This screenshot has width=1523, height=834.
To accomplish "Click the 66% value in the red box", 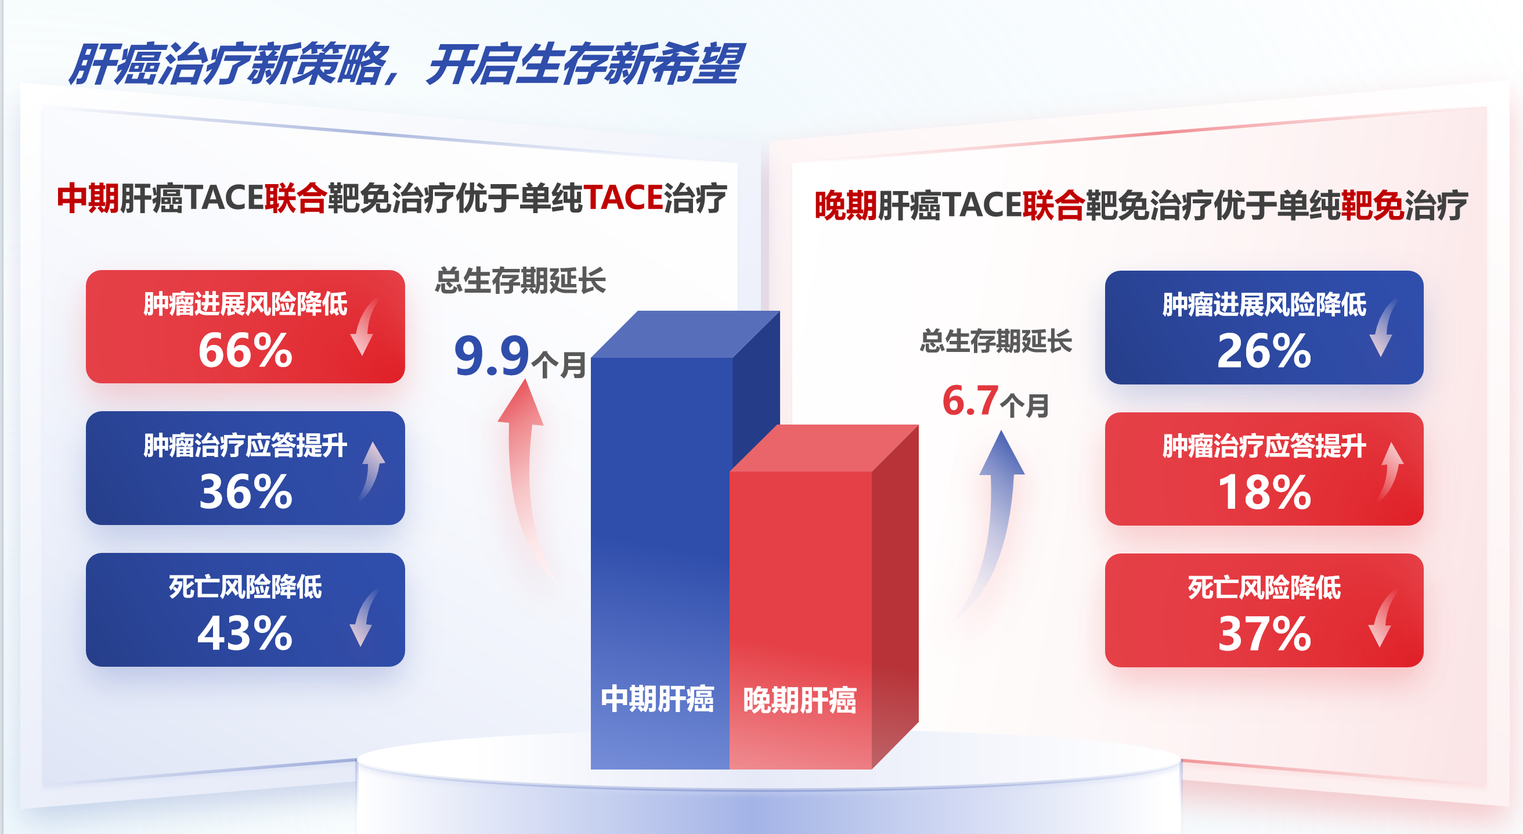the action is [246, 351].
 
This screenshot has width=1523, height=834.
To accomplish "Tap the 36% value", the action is [246, 492].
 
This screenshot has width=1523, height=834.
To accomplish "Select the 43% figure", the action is [246, 634].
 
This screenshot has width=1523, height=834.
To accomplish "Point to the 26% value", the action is [1265, 351].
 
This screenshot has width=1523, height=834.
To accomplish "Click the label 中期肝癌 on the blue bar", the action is [658, 699].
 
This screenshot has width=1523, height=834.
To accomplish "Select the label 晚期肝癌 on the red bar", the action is [800, 700].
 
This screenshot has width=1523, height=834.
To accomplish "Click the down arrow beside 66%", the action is [364, 326].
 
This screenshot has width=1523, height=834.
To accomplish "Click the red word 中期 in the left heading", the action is [88, 198].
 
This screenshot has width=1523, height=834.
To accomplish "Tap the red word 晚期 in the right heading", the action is [846, 206].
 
